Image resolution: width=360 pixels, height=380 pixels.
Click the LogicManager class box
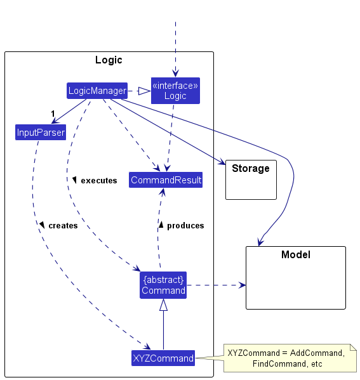click(97, 91)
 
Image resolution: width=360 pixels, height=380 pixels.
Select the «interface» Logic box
click(175, 91)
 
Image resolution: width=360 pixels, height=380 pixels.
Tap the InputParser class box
click(41, 133)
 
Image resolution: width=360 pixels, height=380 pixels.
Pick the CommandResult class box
click(166, 180)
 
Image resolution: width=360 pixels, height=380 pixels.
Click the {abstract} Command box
click(163, 285)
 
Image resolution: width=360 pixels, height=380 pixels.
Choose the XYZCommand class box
click(163, 358)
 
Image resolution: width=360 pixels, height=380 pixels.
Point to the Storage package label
click(251, 168)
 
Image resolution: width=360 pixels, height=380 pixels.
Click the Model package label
click(296, 254)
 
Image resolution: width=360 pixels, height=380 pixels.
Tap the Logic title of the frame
click(109, 60)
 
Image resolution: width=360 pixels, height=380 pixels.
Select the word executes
click(99, 181)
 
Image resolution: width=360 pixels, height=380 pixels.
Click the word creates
click(63, 226)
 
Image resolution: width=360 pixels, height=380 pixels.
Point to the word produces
click(185, 226)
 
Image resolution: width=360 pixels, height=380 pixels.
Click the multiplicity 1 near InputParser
click(53, 114)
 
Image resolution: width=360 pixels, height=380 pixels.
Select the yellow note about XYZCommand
click(290, 358)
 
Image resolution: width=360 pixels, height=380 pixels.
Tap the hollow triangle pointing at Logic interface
click(144, 91)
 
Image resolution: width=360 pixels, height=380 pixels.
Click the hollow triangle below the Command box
click(163, 305)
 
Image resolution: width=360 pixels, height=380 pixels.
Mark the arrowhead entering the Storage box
click(222, 162)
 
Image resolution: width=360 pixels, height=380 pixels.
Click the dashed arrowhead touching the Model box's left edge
click(242, 285)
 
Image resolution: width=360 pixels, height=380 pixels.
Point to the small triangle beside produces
click(161, 225)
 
